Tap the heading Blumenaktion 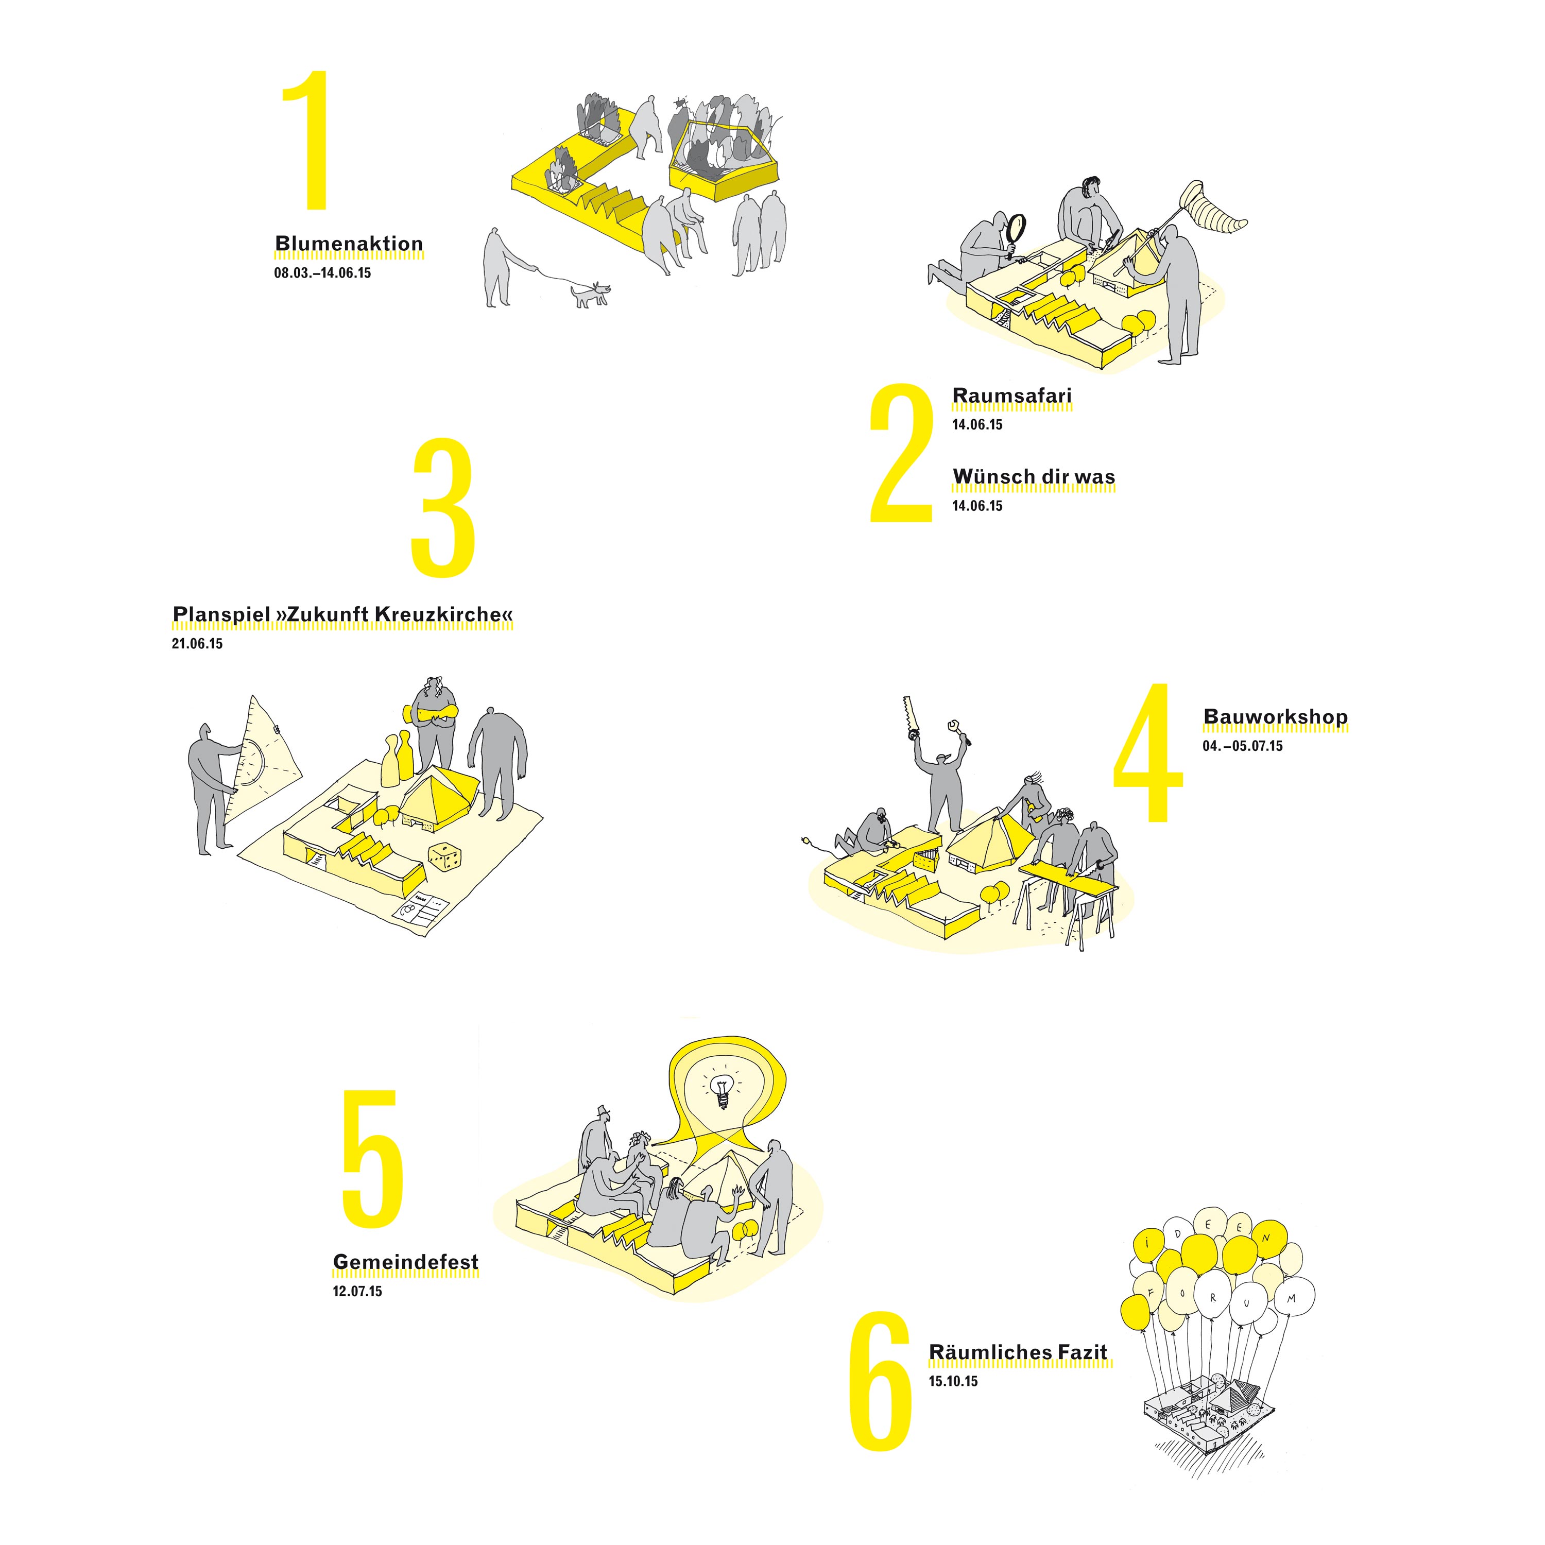point(349,244)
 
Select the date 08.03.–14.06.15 point(322,273)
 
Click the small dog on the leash point(590,294)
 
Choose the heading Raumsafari point(1011,396)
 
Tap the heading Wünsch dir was point(1033,476)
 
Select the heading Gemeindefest point(405,1262)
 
